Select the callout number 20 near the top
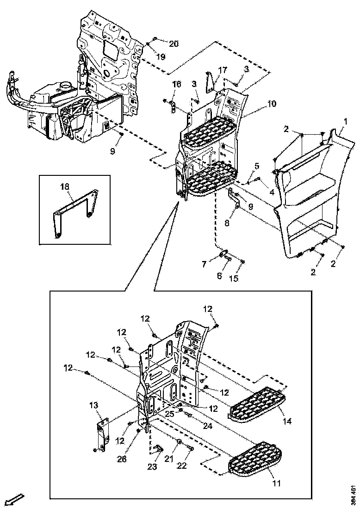tap(174, 44)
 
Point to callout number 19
tap(161, 57)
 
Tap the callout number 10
tap(272, 104)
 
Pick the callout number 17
tap(223, 70)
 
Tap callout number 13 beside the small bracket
tap(94, 405)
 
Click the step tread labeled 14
tap(257, 406)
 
